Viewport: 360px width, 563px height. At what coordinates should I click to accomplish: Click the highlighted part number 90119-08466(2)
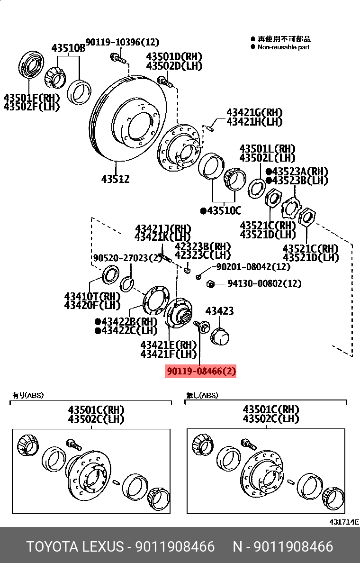(x=200, y=371)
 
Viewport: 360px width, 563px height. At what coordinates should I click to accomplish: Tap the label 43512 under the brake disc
(x=115, y=179)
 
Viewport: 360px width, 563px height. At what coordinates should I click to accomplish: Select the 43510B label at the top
(x=68, y=48)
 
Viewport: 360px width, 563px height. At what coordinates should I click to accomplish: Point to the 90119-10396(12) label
(x=122, y=42)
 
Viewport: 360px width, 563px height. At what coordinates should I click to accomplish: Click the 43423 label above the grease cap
(x=219, y=311)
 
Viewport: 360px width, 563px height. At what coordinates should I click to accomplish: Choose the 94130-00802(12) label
(x=264, y=283)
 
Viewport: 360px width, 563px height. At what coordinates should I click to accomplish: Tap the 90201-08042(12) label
(x=253, y=267)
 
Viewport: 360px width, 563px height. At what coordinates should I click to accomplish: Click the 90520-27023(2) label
(x=127, y=258)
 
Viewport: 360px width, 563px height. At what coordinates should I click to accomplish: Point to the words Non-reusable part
(x=283, y=47)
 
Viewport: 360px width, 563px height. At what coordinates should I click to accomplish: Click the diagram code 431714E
(x=344, y=522)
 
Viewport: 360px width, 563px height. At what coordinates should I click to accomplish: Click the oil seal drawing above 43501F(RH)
(x=31, y=69)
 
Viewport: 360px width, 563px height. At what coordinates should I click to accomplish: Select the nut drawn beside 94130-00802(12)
(x=211, y=284)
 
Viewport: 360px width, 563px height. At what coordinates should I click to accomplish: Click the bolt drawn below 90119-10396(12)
(x=117, y=59)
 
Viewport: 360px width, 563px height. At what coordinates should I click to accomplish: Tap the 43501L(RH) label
(x=267, y=149)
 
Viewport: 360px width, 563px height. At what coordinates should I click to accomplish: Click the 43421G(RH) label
(x=254, y=113)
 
